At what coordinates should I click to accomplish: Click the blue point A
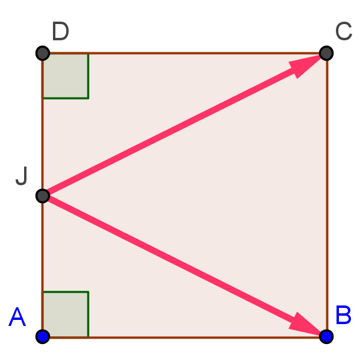[x=43, y=337]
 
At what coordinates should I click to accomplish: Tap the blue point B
[x=326, y=337]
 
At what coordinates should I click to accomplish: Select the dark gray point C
[x=326, y=54]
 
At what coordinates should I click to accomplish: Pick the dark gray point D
[x=43, y=54]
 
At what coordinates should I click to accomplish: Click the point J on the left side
[x=43, y=196]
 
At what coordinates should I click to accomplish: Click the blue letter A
[x=17, y=317]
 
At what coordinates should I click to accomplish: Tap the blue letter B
[x=343, y=315]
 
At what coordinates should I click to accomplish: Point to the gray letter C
[x=344, y=31]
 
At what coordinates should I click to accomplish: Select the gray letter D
[x=60, y=31]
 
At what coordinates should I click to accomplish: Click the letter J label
[x=22, y=176]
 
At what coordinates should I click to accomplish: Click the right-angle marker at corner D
[x=66, y=76]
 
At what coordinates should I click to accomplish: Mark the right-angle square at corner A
[x=66, y=314]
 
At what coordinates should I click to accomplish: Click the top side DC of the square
[x=184, y=54]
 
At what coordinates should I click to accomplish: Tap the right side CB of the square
[x=327, y=195]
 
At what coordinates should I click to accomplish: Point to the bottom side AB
[x=184, y=337]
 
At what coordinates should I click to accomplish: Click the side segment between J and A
[x=43, y=266]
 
